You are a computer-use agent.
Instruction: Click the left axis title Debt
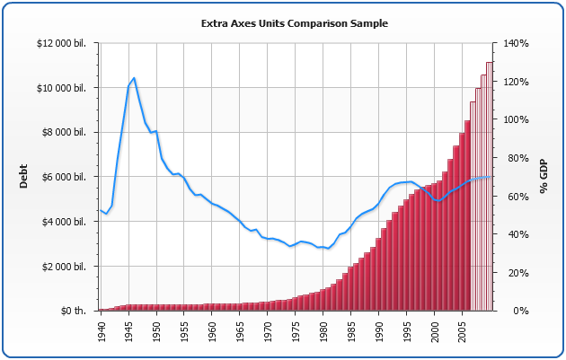[23, 175]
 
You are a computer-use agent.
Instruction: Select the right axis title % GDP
[543, 176]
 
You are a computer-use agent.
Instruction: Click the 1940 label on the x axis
[102, 333]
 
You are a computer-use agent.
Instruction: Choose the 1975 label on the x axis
[296, 333]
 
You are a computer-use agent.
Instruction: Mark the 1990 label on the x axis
[379, 333]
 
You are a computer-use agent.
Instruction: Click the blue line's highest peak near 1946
[134, 78]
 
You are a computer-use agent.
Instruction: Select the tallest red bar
[467, 215]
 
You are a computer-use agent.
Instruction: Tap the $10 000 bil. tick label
[63, 88]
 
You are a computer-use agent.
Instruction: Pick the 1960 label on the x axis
[212, 333]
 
